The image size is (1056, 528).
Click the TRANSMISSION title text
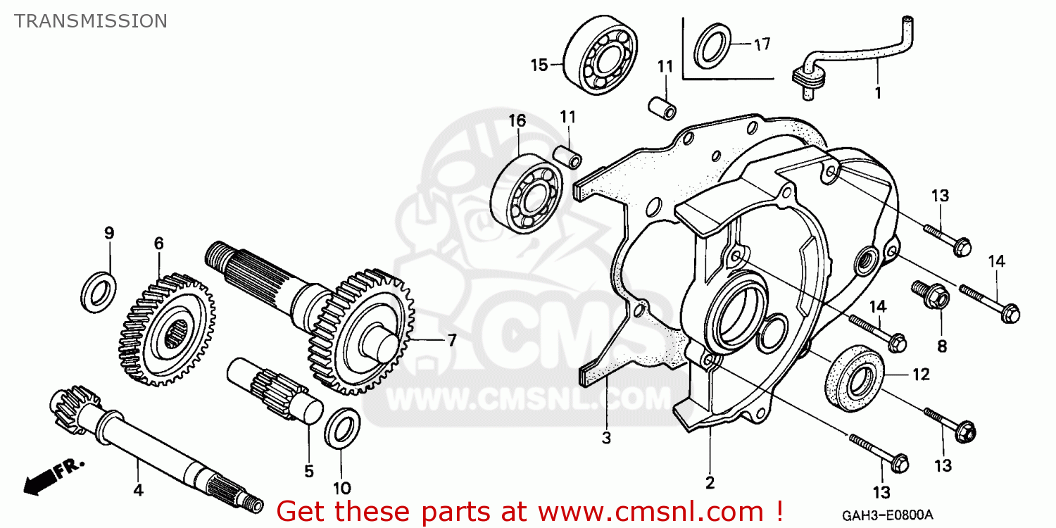(91, 21)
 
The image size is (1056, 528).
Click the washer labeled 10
(342, 427)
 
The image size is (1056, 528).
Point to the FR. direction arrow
(54, 476)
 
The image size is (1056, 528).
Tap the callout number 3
(606, 439)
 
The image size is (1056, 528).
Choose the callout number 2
(710, 483)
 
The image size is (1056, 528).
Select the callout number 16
(517, 120)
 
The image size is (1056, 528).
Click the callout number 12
(921, 375)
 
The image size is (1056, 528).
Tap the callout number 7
(451, 341)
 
